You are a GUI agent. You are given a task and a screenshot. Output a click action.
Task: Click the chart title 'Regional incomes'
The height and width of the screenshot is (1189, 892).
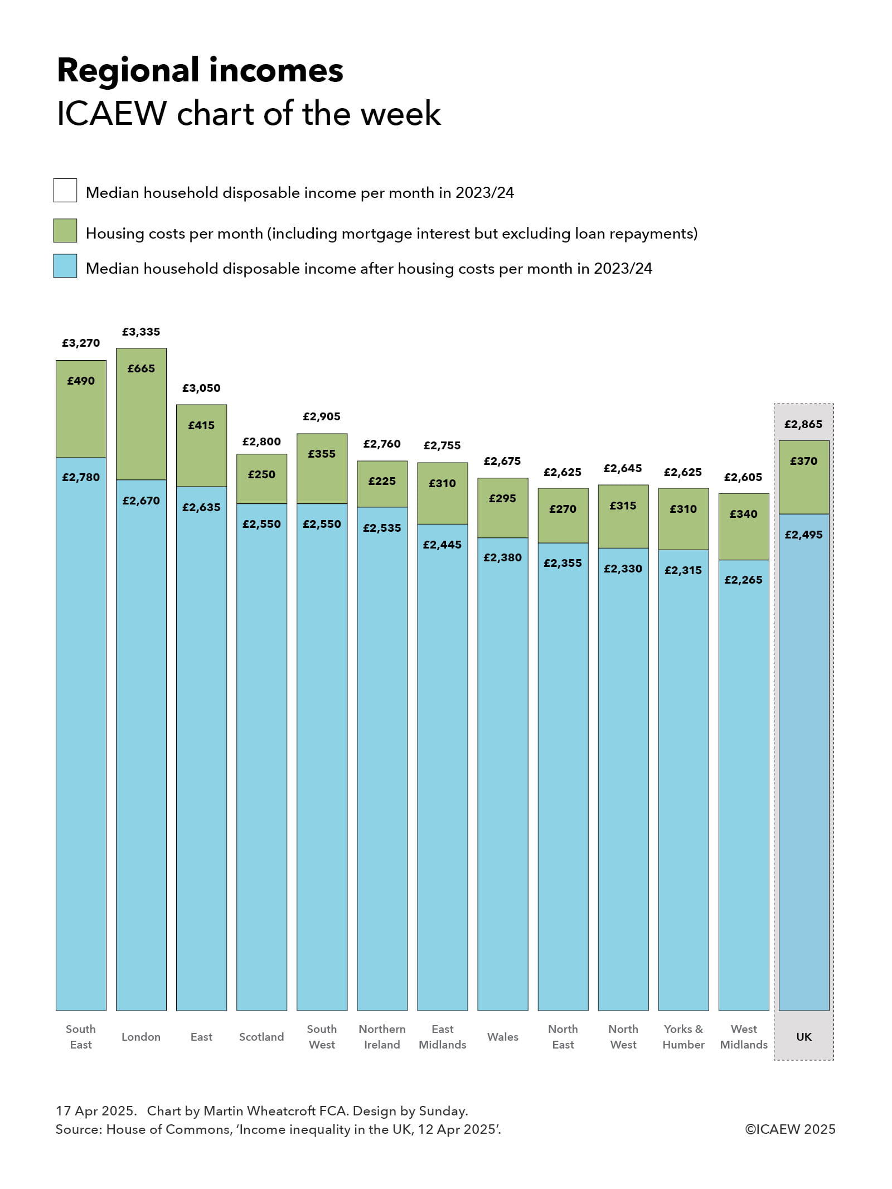tap(200, 71)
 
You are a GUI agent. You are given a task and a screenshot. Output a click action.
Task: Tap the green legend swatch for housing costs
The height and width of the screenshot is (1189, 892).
tap(65, 231)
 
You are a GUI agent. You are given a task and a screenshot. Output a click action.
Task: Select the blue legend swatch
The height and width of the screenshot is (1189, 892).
tap(65, 266)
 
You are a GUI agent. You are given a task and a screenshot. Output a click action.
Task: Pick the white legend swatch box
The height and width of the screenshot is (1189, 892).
tap(65, 190)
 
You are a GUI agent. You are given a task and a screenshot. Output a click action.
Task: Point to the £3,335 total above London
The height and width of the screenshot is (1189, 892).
tap(141, 332)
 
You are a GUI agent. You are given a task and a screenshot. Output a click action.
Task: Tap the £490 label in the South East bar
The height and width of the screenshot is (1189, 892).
tap(81, 381)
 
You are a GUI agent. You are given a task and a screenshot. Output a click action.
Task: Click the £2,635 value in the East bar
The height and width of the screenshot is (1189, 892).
tap(201, 507)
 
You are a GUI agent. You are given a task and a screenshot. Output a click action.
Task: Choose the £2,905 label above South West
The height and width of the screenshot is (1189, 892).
tap(322, 416)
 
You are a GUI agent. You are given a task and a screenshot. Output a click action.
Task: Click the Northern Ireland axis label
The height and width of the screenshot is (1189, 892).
tap(382, 1036)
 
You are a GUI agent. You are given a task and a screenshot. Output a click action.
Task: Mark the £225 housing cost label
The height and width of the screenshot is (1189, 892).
tap(382, 481)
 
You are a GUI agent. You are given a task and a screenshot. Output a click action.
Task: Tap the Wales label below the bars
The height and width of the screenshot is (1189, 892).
tap(502, 1037)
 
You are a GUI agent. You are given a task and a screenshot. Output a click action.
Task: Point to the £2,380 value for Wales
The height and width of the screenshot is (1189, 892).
tap(502, 557)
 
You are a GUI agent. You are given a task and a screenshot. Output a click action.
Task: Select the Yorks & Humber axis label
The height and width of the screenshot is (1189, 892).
tap(683, 1036)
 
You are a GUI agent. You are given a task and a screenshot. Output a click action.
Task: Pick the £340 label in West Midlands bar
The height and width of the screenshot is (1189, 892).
tap(743, 514)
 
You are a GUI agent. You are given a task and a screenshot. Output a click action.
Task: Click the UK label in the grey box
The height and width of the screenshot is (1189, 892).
tap(803, 1037)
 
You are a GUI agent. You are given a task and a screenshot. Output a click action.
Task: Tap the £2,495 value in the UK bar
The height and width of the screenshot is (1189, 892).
tap(803, 535)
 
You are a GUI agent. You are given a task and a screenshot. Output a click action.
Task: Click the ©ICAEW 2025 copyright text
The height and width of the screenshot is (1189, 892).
tap(790, 1129)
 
